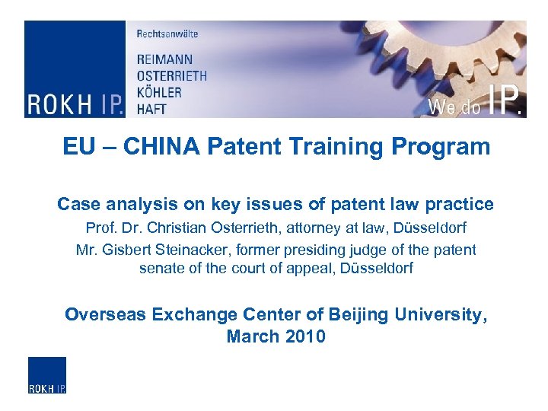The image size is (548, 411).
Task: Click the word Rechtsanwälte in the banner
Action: pos(167,33)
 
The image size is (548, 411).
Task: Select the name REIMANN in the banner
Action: pos(164,59)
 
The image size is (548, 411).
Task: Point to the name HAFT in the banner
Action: pos(152,108)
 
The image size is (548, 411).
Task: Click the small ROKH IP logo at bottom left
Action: pos(47,375)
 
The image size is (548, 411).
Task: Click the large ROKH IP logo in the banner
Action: pos(74,104)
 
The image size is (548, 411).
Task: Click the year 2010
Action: pos(305,336)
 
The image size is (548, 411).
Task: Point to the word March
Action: pos(253,336)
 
